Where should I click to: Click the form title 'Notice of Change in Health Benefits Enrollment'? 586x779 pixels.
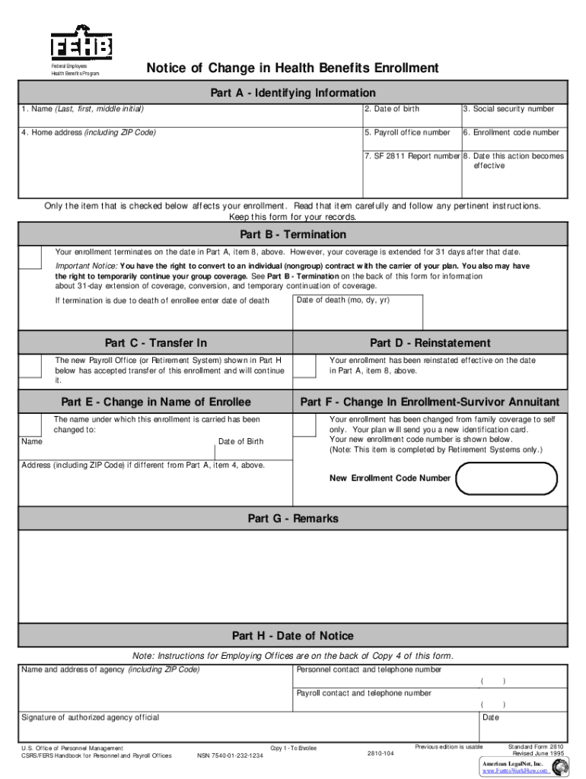tap(292, 68)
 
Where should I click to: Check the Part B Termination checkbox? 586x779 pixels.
tap(30, 257)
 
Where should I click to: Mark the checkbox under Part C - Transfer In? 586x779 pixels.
tap(30, 366)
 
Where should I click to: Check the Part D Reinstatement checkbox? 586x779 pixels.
tap(304, 366)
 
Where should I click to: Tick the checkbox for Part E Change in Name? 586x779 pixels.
tap(30, 424)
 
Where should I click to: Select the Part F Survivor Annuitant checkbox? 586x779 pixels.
tap(304, 424)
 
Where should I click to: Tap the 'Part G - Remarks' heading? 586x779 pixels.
tap(293, 519)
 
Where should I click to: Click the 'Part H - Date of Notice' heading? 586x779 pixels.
tap(293, 636)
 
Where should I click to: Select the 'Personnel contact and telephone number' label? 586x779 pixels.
tap(368, 669)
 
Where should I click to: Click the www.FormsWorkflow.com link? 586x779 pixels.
tap(515, 770)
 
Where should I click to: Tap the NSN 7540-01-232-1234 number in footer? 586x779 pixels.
tap(230, 755)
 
